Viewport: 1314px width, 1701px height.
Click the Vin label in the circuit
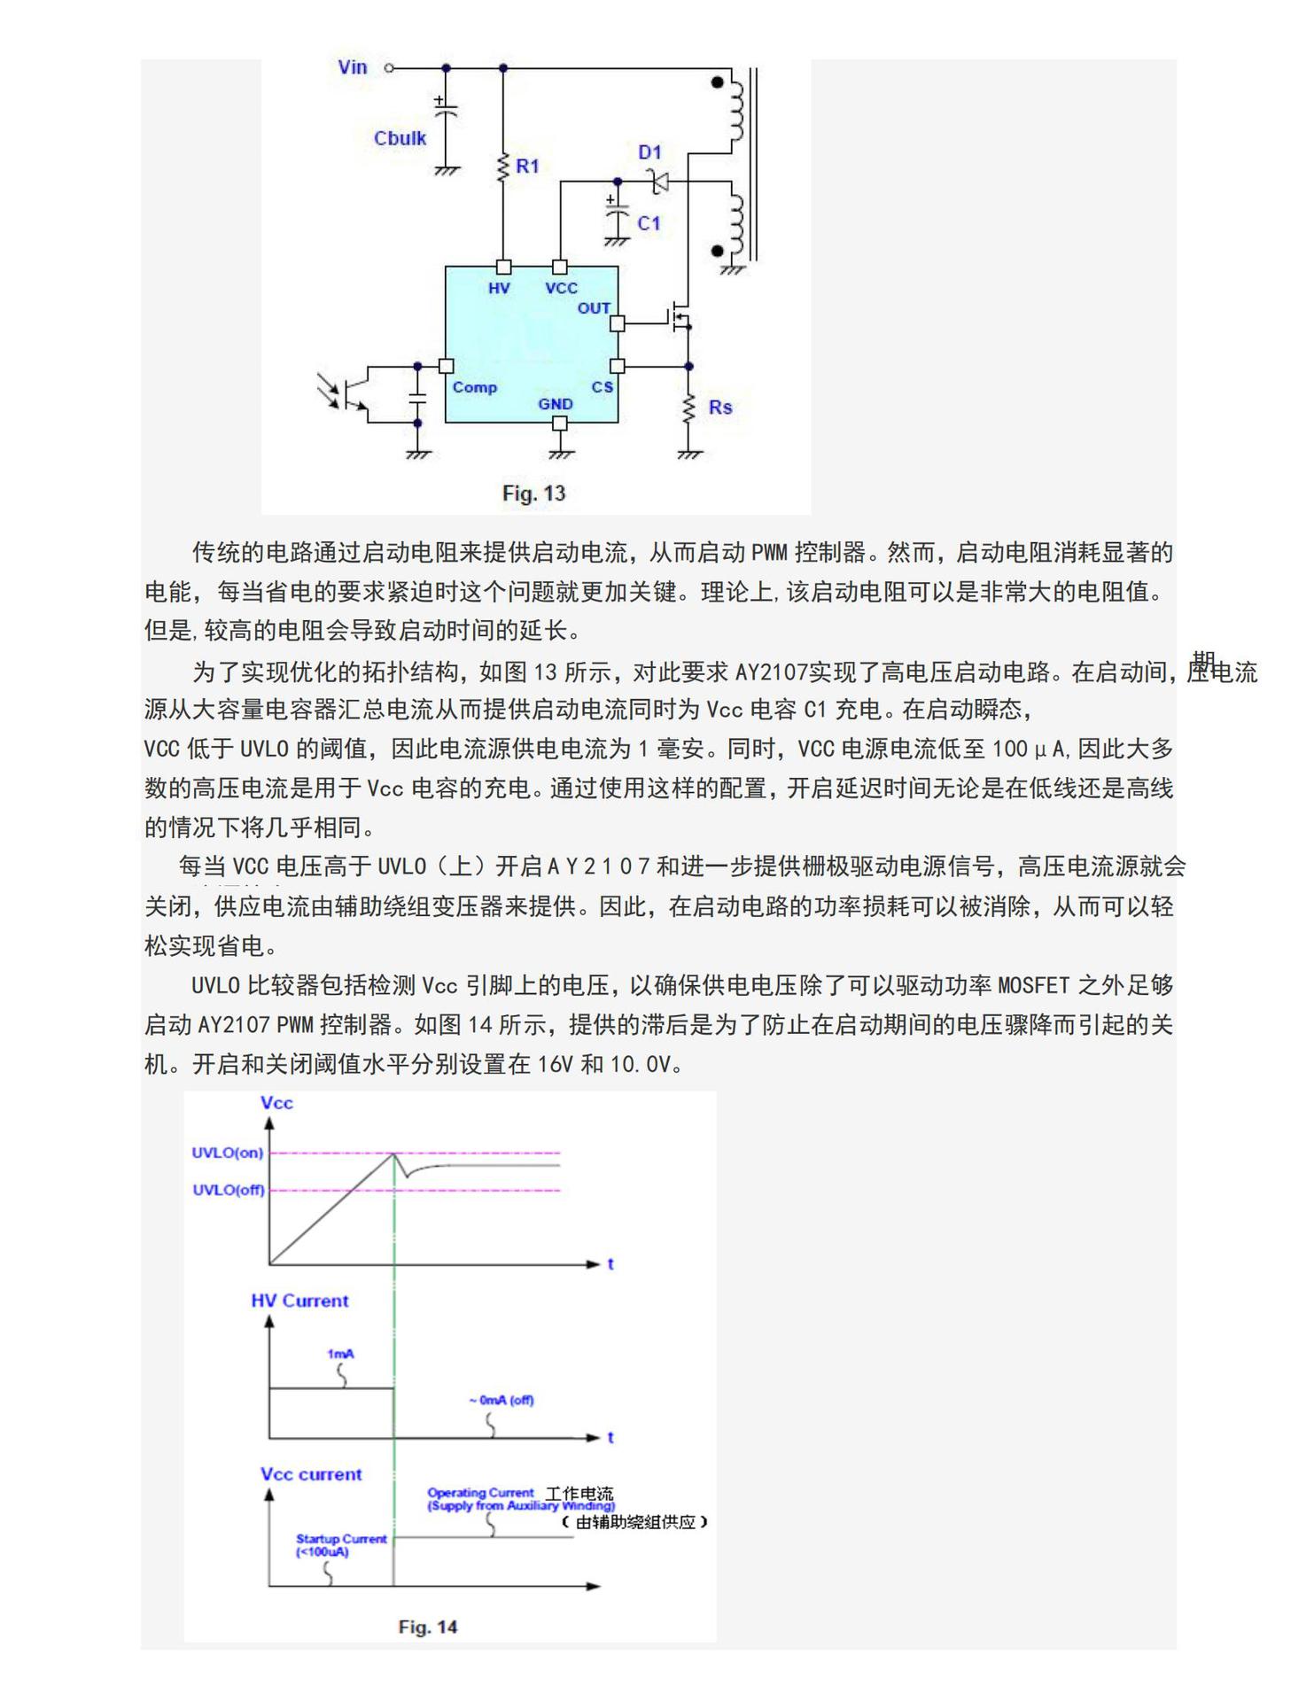point(352,67)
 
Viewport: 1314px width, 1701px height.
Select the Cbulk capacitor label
point(400,138)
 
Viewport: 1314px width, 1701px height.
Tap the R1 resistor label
point(527,166)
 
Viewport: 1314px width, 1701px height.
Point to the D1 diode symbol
point(658,183)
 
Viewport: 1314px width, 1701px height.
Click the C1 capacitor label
point(649,223)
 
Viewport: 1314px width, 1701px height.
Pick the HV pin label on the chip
point(499,288)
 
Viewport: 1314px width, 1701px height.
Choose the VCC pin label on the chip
point(561,288)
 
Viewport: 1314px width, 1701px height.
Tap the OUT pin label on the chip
point(594,308)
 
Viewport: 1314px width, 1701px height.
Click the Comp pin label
point(475,387)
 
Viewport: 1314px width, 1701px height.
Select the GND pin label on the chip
point(556,404)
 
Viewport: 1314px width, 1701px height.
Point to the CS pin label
point(603,387)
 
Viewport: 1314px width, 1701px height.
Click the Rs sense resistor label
point(720,408)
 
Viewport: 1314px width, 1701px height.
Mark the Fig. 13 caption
point(533,493)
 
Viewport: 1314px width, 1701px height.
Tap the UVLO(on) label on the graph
point(228,1153)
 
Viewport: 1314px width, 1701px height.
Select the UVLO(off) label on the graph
point(229,1190)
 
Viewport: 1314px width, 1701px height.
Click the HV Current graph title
point(299,1301)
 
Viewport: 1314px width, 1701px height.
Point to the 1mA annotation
point(340,1354)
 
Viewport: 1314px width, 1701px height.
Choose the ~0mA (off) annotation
point(501,1400)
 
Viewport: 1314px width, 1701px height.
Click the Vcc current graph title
point(311,1474)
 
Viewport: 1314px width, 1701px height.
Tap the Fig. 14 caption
point(428,1627)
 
